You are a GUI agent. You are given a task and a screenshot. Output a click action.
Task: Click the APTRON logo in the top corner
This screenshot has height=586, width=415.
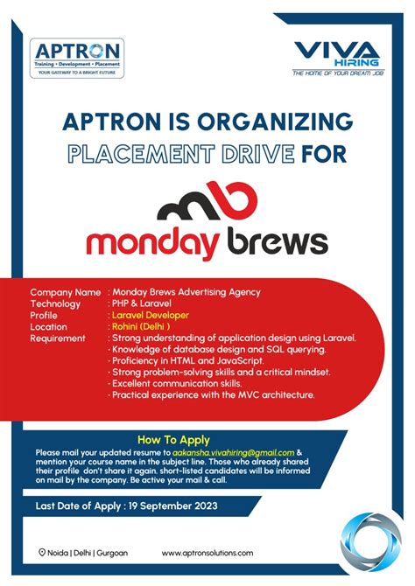tap(76, 58)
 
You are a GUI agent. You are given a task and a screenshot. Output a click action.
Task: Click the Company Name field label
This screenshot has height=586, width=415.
tap(65, 292)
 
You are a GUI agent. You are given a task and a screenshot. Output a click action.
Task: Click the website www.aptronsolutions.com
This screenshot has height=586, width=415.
tap(207, 553)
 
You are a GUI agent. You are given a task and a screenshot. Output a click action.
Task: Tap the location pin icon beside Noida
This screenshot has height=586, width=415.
tap(42, 553)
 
